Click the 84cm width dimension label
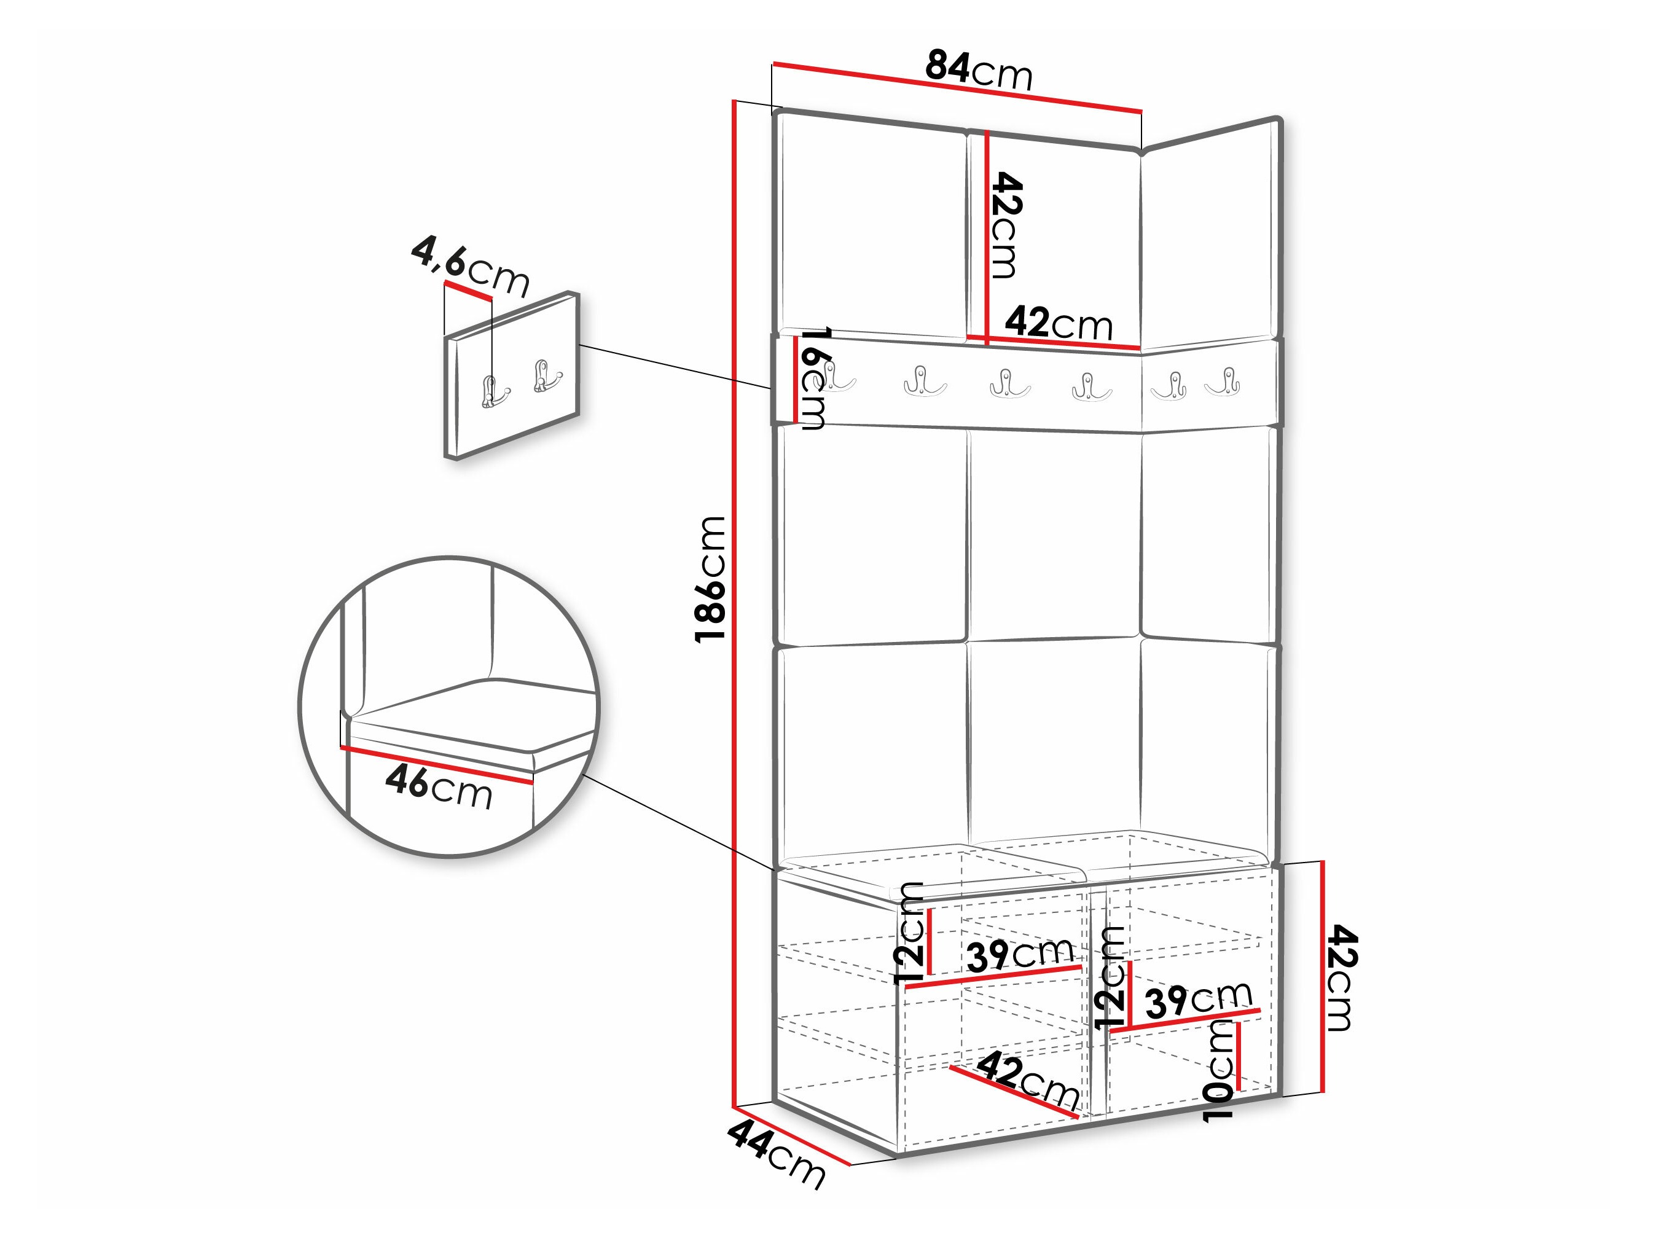coord(979,71)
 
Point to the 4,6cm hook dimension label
coord(470,267)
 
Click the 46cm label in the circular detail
coord(439,788)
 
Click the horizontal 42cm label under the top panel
coord(1059,324)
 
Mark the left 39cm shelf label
coord(1020,955)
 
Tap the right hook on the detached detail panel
coord(546,376)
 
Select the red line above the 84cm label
coord(957,88)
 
